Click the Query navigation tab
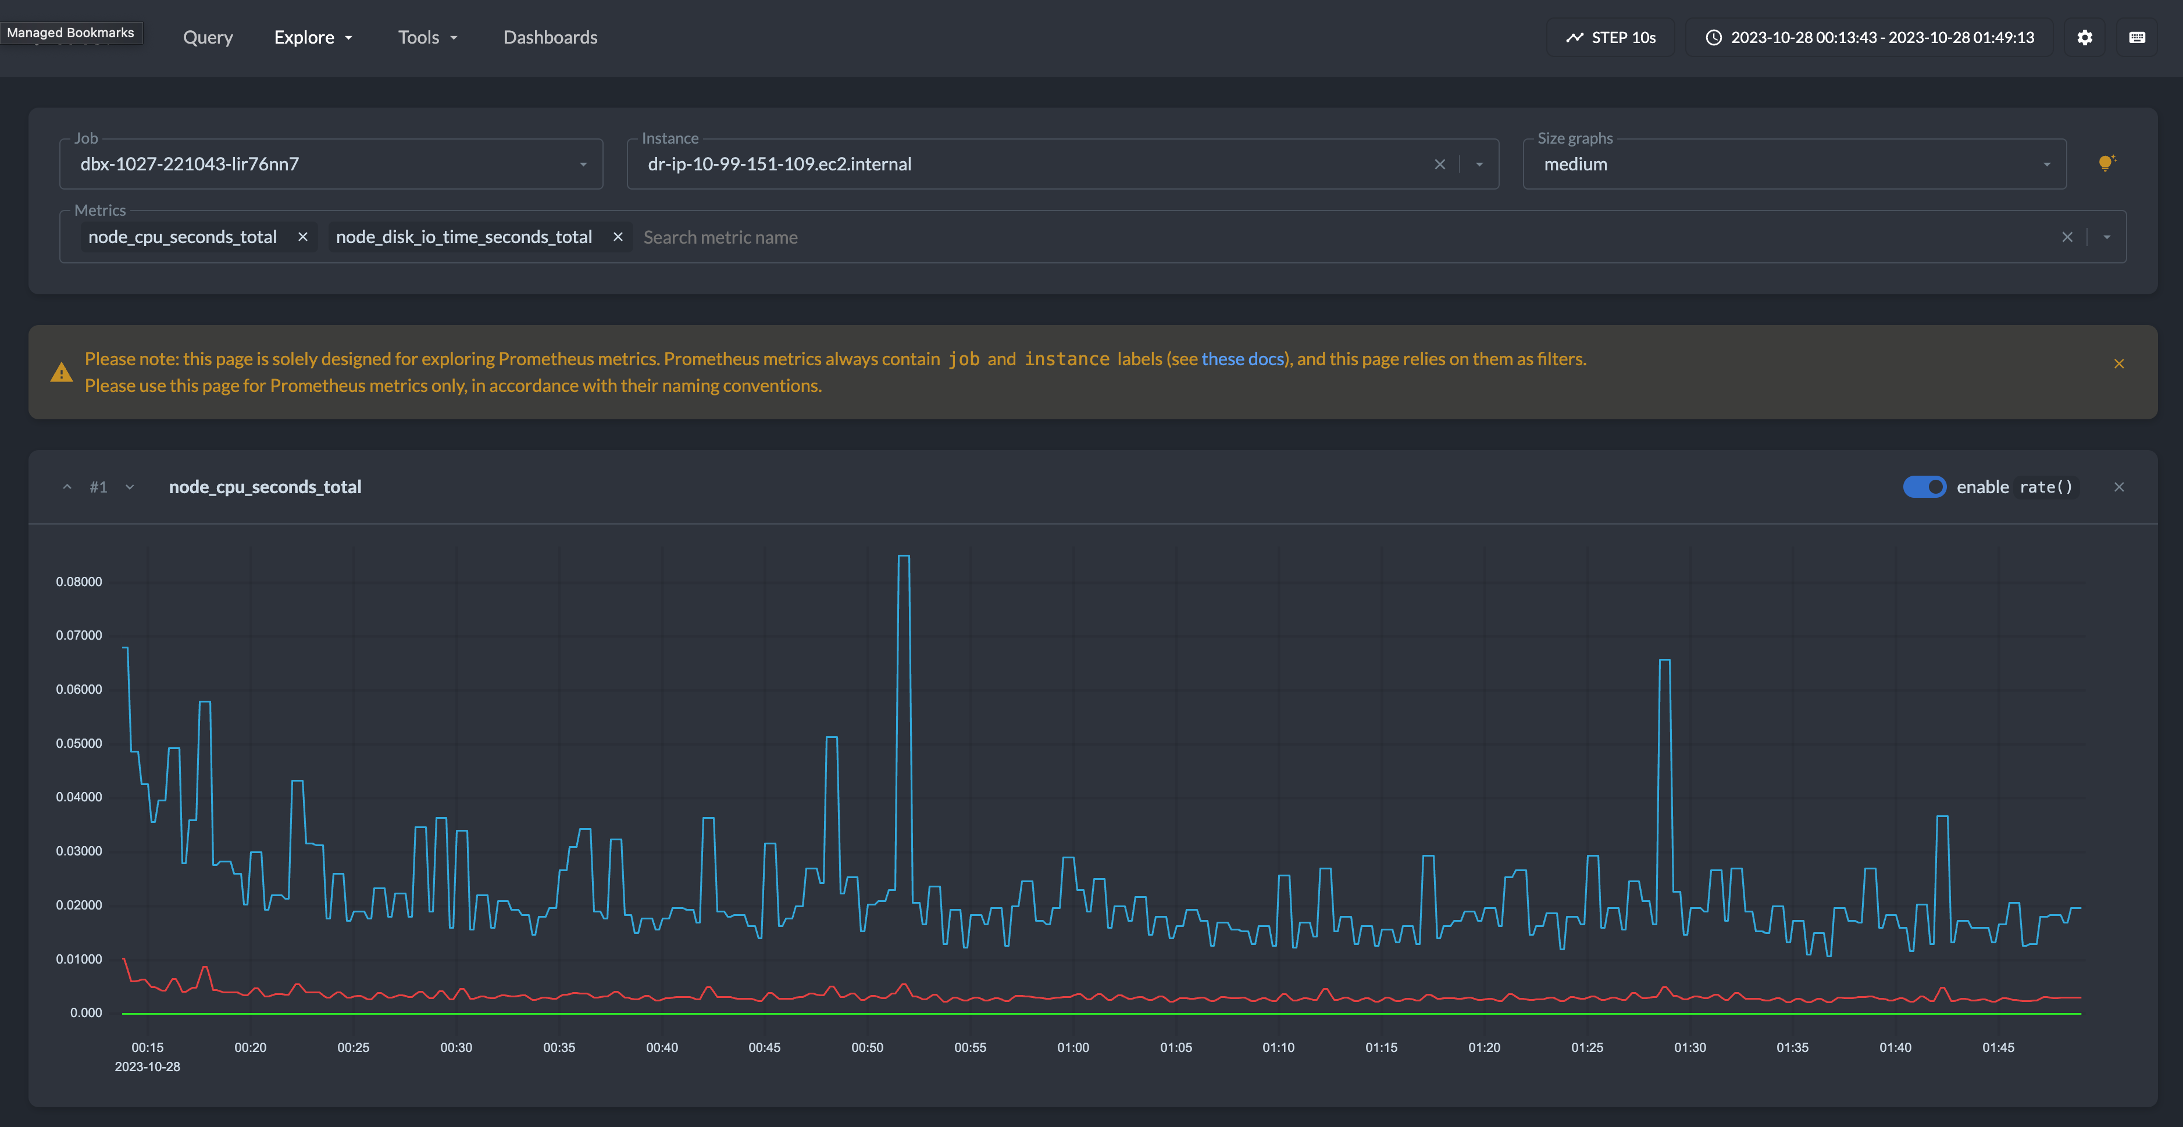click(x=208, y=37)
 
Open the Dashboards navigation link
click(x=550, y=37)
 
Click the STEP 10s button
click(x=1610, y=37)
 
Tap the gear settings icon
click(x=2085, y=37)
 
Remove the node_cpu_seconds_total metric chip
click(x=302, y=237)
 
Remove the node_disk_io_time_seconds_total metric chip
click(x=618, y=237)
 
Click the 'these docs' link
click(x=1242, y=359)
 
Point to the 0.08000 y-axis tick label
click(x=79, y=582)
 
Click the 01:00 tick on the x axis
click(x=1073, y=1048)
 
